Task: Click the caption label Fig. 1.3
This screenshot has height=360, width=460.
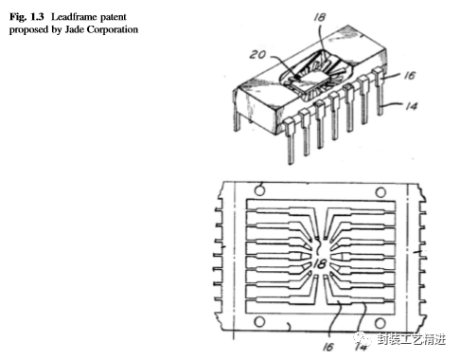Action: point(27,17)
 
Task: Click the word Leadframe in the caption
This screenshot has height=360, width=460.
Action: point(71,17)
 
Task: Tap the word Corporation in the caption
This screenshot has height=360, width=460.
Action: point(113,29)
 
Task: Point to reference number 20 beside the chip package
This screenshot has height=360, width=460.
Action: point(257,55)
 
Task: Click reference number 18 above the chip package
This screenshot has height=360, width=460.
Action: point(319,17)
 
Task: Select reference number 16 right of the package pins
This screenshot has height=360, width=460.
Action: point(409,75)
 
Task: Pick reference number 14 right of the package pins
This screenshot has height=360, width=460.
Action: point(411,106)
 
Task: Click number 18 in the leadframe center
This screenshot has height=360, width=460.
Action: point(320,263)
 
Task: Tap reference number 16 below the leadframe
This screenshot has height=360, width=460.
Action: point(327,347)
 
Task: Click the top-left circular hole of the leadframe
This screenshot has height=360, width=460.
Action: point(259,190)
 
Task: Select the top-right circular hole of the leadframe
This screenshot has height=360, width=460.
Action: point(380,192)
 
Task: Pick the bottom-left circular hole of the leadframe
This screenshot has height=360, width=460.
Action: point(259,322)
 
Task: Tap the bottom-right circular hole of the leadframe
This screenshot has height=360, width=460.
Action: point(380,323)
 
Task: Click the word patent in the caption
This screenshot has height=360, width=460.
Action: point(114,17)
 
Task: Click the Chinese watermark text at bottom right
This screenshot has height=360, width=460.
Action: point(412,339)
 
